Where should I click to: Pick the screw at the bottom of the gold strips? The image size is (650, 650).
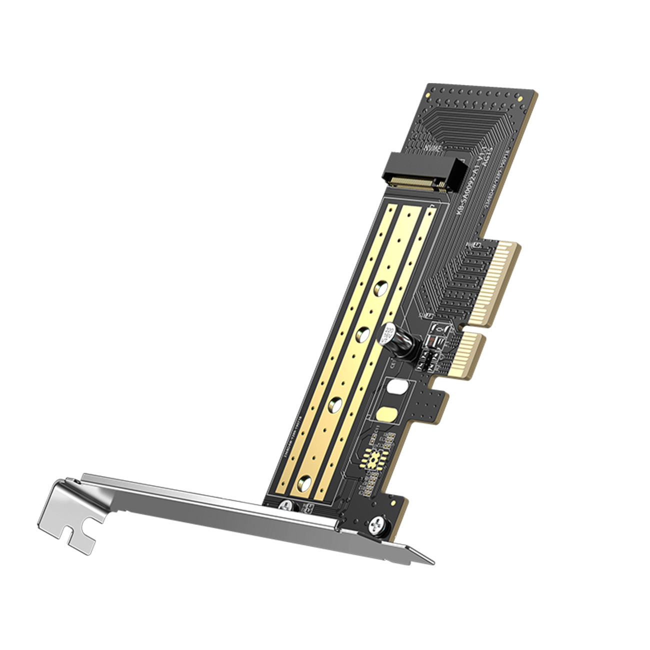(x=286, y=506)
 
